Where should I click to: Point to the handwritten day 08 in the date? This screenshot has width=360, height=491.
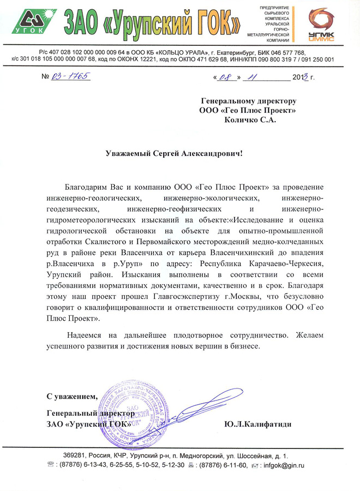coord(226,77)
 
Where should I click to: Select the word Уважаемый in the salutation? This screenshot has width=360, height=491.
coord(129,154)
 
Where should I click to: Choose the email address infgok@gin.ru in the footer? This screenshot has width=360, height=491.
coord(283,465)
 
